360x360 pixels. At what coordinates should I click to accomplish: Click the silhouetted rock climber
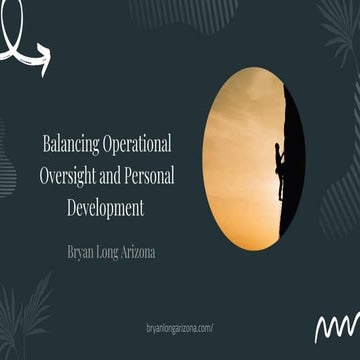pyautogui.click(x=279, y=165)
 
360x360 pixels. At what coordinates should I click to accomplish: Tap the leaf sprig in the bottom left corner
pyautogui.click(x=25, y=320)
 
